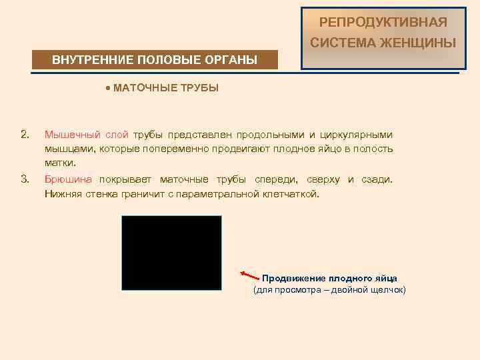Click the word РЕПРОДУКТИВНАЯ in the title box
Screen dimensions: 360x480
pyautogui.click(x=383, y=23)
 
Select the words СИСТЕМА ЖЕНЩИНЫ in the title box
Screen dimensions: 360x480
pyautogui.click(x=383, y=44)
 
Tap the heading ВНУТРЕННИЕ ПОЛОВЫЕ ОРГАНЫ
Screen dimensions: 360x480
pyautogui.click(x=155, y=60)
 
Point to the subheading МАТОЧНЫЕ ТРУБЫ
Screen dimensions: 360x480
pyautogui.click(x=166, y=88)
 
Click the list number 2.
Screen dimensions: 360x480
pyautogui.click(x=25, y=135)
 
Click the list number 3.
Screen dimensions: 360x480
pyautogui.click(x=25, y=179)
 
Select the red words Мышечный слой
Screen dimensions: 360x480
pyautogui.click(x=86, y=135)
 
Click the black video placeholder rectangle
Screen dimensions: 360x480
pyautogui.click(x=171, y=253)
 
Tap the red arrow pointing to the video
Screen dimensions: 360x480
pyautogui.click(x=249, y=275)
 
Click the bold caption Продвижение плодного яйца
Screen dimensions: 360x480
pyautogui.click(x=329, y=278)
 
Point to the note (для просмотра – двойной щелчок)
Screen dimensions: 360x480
pyautogui.click(x=329, y=290)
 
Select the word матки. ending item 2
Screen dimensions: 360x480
pyautogui.click(x=61, y=162)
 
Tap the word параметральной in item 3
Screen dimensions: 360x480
pyautogui.click(x=222, y=194)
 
